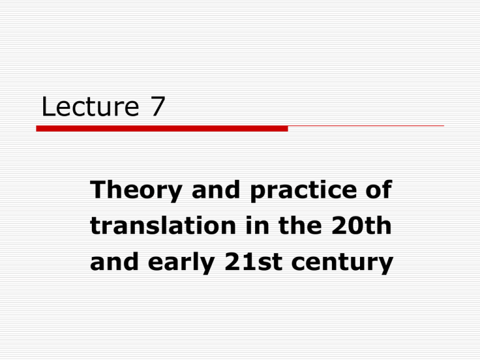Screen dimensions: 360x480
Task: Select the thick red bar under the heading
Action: (x=162, y=129)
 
